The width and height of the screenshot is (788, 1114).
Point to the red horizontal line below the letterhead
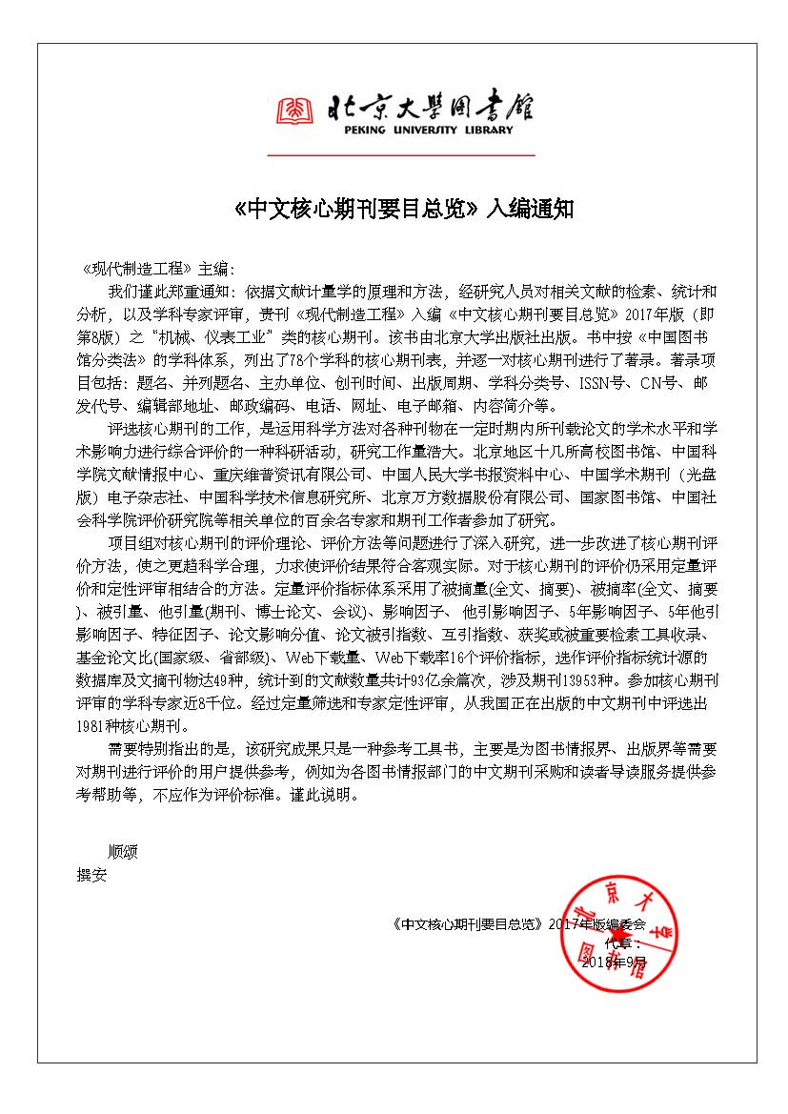click(x=400, y=154)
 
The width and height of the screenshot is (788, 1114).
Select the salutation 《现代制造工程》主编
click(x=157, y=271)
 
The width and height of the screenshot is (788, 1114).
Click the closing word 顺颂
click(x=123, y=852)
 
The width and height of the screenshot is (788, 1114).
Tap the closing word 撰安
click(x=92, y=875)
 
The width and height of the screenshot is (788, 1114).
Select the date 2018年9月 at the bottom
click(x=615, y=962)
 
